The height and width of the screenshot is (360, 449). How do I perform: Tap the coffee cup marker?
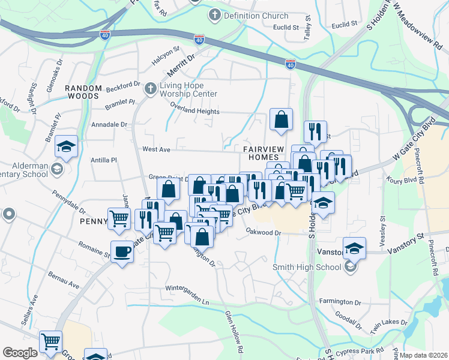coord(122,251)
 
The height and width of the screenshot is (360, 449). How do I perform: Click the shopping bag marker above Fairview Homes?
coord(281,119)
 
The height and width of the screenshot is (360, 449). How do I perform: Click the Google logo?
coord(20,353)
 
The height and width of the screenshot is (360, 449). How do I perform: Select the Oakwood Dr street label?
coord(262,232)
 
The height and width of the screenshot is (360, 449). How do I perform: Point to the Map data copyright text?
coord(424,355)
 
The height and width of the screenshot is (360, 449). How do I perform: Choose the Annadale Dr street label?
coord(108,125)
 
